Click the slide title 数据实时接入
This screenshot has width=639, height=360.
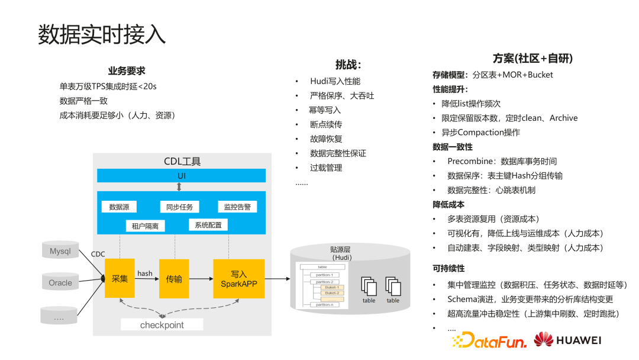[x=102, y=35]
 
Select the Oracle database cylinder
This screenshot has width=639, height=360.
[x=60, y=282]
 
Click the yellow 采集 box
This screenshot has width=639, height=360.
[x=120, y=278]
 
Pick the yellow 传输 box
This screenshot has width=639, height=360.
[x=174, y=278]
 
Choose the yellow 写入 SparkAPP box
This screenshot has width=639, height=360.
[x=238, y=278]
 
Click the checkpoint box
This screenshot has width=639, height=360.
[x=162, y=325]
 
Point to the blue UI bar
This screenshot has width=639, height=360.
[x=181, y=176]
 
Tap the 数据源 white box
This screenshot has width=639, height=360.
[x=119, y=207]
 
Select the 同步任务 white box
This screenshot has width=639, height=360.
[x=179, y=207]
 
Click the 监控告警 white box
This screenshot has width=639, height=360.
[x=237, y=207]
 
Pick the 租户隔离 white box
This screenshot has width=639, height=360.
[x=145, y=226]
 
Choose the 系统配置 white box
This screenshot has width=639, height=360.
[x=208, y=225]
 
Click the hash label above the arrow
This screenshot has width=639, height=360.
[x=144, y=273]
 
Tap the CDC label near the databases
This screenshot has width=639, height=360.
[x=98, y=254]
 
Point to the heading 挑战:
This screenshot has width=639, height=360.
[x=348, y=65]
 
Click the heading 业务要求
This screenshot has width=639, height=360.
[x=126, y=71]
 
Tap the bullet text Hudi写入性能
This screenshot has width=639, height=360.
[x=335, y=81]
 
